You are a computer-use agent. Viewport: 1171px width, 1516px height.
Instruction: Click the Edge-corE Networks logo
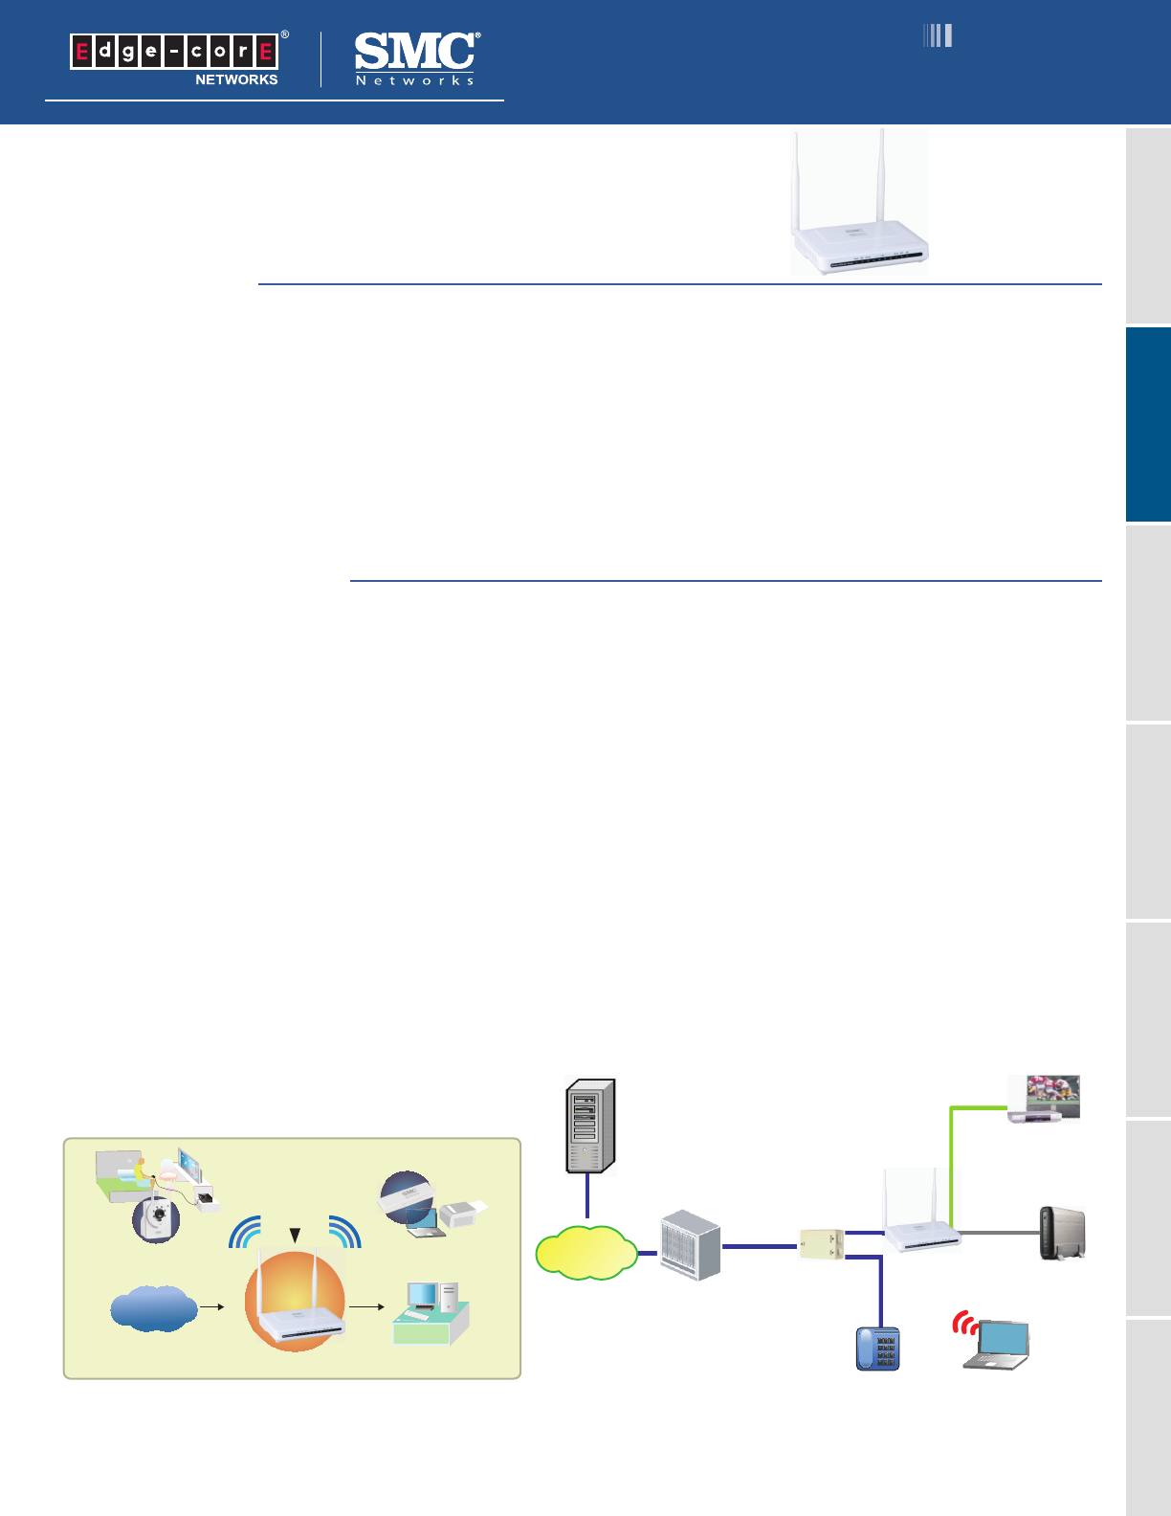point(176,58)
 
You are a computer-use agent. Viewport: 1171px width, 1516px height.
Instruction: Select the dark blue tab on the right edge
point(1148,424)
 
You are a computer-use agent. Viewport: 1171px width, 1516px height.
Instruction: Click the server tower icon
point(590,1126)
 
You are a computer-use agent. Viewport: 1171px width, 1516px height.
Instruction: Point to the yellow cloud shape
point(585,1252)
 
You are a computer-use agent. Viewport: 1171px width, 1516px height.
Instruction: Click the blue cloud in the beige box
point(153,1308)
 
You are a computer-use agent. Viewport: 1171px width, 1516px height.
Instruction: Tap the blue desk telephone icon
point(877,1349)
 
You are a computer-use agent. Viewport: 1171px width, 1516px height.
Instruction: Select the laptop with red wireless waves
point(995,1343)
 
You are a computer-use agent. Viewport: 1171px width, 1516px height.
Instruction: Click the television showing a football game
point(1046,1098)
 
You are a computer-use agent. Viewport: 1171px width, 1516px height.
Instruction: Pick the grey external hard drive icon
point(1063,1233)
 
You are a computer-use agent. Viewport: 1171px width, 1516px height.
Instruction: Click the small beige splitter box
point(821,1243)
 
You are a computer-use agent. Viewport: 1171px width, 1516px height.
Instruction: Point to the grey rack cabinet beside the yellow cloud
point(690,1245)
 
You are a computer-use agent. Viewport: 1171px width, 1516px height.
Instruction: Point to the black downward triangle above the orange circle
point(296,1235)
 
